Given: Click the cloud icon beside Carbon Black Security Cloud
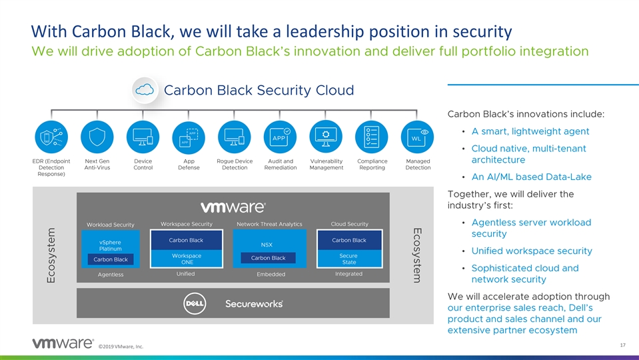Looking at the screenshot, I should (x=145, y=90).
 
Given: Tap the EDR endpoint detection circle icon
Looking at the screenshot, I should (x=51, y=137).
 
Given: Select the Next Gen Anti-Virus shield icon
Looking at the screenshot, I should (x=97, y=137).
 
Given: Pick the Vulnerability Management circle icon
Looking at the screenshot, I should (x=326, y=137).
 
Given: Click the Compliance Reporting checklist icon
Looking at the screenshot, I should (x=372, y=137).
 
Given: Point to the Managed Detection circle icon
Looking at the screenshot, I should (x=418, y=137).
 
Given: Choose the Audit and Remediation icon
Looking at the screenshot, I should (x=281, y=137).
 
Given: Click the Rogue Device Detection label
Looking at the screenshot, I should (x=235, y=165).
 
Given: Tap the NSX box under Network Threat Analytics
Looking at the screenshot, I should (x=267, y=244).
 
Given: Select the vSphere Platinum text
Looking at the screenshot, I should (x=110, y=245).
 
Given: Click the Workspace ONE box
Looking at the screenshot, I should (x=187, y=259).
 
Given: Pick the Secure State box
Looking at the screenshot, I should (x=348, y=259).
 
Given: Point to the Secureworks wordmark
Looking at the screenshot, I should (x=254, y=303).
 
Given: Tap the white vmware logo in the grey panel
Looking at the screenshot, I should (x=233, y=208).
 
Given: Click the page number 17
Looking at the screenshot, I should (x=622, y=345).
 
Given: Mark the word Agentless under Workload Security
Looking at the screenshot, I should (x=110, y=275).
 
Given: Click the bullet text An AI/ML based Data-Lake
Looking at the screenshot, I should (x=531, y=177).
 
